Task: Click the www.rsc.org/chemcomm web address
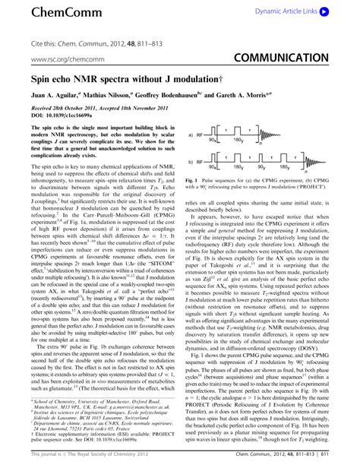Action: click(x=51, y=58)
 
